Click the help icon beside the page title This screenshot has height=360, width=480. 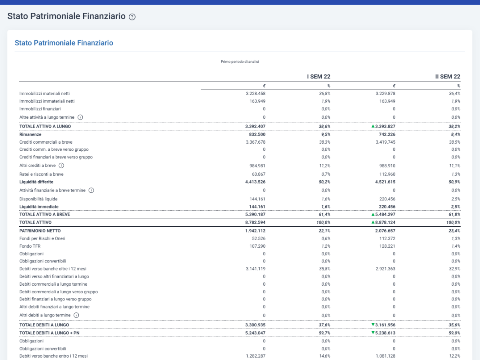click(x=132, y=17)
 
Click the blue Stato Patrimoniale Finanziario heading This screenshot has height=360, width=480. click(x=64, y=43)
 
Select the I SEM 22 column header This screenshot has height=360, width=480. click(x=318, y=76)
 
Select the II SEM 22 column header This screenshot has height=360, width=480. click(x=448, y=76)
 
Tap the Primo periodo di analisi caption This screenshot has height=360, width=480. click(x=240, y=62)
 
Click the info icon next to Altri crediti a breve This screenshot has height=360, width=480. click(x=62, y=166)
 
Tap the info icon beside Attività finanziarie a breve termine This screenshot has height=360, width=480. click(x=91, y=190)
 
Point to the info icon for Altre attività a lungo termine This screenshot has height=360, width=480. click(x=80, y=117)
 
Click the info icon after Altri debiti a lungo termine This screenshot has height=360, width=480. click(x=76, y=315)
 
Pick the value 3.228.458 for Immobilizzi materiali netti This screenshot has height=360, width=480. click(x=256, y=94)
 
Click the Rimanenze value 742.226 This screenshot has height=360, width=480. click(x=387, y=134)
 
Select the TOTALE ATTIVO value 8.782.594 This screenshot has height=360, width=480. click(x=255, y=222)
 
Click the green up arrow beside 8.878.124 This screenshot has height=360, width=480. click(x=373, y=222)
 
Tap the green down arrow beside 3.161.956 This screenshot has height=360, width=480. click(x=373, y=324)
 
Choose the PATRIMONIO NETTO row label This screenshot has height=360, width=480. click(x=40, y=231)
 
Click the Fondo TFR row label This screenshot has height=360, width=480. click(x=30, y=246)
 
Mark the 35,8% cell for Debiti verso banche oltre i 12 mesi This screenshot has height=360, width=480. click(x=324, y=269)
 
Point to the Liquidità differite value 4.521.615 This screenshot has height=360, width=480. click(x=385, y=182)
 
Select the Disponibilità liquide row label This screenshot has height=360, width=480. click(x=38, y=199)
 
